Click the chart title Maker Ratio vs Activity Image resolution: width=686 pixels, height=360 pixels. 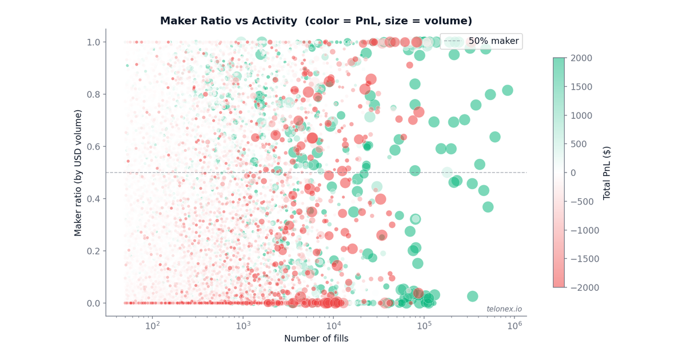click(x=316, y=21)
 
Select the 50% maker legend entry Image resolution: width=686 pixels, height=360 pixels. click(x=493, y=41)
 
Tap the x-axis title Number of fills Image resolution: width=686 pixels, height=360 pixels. click(x=316, y=338)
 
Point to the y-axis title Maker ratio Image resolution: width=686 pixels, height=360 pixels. click(x=78, y=173)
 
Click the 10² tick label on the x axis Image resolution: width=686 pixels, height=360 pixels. click(x=152, y=326)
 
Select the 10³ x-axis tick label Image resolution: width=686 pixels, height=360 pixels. click(x=243, y=326)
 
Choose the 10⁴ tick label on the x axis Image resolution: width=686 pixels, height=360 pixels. click(x=333, y=326)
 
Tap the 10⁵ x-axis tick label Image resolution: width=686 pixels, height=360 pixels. click(x=424, y=326)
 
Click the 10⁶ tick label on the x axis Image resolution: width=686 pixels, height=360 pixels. click(x=514, y=326)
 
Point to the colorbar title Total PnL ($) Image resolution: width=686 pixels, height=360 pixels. click(x=607, y=173)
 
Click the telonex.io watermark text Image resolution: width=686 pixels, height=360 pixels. click(x=504, y=309)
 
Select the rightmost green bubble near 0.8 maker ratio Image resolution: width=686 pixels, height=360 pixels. click(x=507, y=90)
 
